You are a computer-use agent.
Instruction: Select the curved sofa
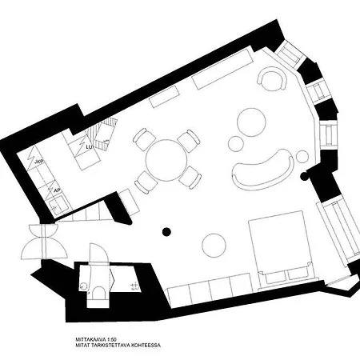pos(262,168)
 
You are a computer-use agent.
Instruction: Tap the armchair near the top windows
pos(273,80)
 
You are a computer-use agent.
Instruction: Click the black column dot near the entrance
pos(166,232)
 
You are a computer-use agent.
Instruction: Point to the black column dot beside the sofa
pos(303,175)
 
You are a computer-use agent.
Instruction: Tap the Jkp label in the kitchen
pos(38,162)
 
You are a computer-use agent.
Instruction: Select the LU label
pos(90,146)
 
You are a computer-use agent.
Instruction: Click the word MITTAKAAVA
pos(86,338)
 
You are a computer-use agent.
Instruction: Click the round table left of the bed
pos(214,242)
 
